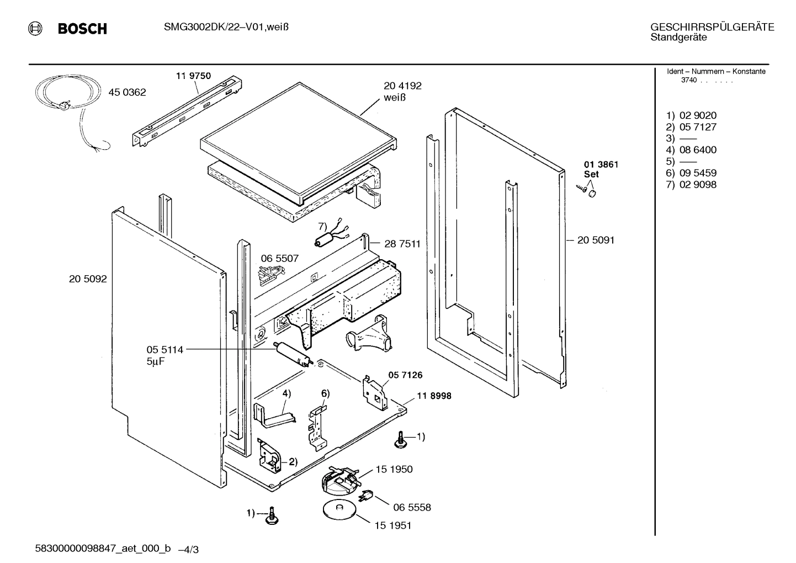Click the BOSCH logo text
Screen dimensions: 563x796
tap(82, 29)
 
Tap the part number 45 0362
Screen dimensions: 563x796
tap(127, 92)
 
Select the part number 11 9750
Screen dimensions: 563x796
tap(193, 76)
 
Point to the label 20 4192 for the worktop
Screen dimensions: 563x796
tap(402, 86)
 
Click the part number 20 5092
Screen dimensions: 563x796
tap(88, 279)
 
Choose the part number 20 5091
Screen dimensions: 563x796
tap(596, 240)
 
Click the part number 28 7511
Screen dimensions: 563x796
tap(402, 244)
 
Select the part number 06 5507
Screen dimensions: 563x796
tap(279, 258)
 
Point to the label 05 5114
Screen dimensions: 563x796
tap(164, 349)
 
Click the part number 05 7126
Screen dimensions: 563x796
tap(405, 375)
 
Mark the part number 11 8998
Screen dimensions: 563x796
tap(434, 396)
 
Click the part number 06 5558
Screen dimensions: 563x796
tap(412, 507)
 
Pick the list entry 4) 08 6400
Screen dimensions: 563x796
tap(691, 150)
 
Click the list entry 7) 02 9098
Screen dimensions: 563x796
tap(691, 185)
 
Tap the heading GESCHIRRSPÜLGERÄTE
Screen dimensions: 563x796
tap(712, 27)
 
